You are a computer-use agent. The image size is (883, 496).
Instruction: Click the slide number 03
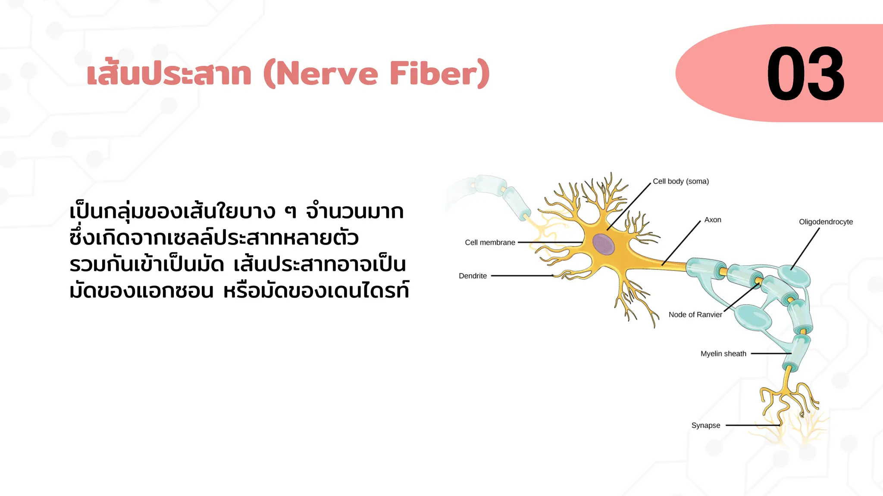coord(805,74)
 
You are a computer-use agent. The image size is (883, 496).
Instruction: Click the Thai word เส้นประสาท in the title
coord(169,74)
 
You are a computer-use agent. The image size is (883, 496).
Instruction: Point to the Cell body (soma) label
coord(680,181)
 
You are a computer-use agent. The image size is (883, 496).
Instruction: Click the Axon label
coord(712,220)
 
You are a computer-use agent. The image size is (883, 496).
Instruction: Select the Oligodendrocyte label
coord(825,222)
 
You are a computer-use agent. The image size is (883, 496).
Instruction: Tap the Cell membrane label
coord(490,242)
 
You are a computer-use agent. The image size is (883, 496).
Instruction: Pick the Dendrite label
coord(473,276)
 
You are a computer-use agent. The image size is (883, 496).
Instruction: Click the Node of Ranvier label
coord(695,315)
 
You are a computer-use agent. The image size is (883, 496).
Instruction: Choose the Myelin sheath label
coord(723,354)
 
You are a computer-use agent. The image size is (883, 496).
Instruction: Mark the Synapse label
coord(705,425)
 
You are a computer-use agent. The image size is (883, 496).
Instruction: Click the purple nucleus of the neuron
coord(603,244)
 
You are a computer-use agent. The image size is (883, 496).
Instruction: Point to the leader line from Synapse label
coord(752,425)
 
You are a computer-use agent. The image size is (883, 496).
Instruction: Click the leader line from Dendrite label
coord(522,276)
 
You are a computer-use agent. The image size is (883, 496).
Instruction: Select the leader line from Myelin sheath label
coord(770,354)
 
